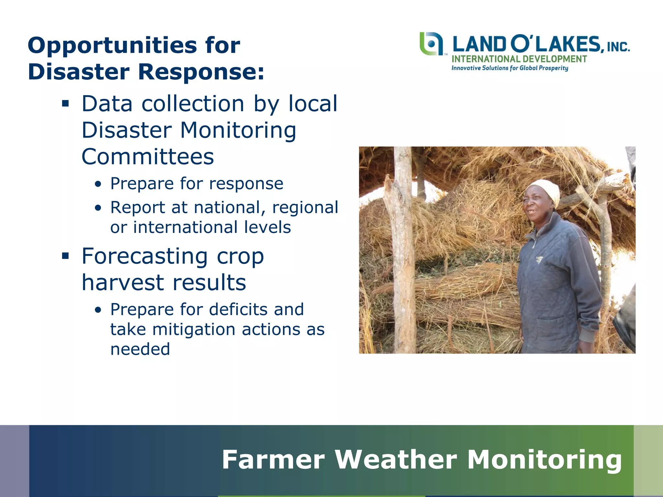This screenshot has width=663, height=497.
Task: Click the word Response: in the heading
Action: tap(201, 72)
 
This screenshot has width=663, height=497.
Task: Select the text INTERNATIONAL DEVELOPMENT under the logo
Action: tap(519, 59)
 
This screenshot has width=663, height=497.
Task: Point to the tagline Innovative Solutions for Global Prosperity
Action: tap(510, 68)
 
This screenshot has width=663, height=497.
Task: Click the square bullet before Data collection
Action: tap(66, 104)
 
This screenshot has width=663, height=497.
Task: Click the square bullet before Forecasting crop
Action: tap(66, 256)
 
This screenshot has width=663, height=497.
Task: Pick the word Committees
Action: tap(148, 157)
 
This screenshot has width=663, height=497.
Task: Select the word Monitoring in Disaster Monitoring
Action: tap(238, 130)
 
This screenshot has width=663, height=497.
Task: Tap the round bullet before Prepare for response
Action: tap(98, 184)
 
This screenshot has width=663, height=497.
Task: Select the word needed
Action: tap(140, 349)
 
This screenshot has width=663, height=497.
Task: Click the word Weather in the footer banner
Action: tap(396, 459)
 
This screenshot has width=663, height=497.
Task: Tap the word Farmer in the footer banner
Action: tap(273, 459)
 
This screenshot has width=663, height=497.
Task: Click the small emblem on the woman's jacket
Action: tap(539, 259)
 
